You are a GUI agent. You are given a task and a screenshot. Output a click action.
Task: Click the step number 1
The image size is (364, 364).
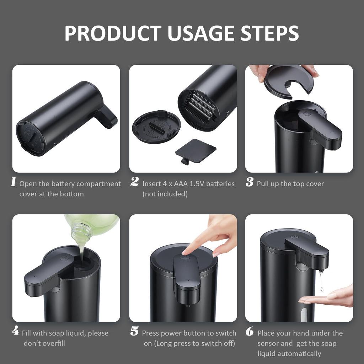point(14,182)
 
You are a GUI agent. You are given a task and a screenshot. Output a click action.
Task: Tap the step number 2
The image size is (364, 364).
point(134,182)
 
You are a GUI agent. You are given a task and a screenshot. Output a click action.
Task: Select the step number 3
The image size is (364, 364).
point(250,182)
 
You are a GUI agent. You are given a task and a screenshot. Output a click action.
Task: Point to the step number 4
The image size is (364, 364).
point(15,331)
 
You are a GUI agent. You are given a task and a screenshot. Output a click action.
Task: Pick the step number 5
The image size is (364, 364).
point(134,332)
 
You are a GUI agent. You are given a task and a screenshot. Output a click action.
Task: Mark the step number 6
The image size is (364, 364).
point(250,332)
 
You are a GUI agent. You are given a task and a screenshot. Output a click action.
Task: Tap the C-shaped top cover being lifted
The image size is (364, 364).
point(289,81)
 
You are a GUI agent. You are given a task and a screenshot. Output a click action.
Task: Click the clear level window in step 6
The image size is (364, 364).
point(303,315)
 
